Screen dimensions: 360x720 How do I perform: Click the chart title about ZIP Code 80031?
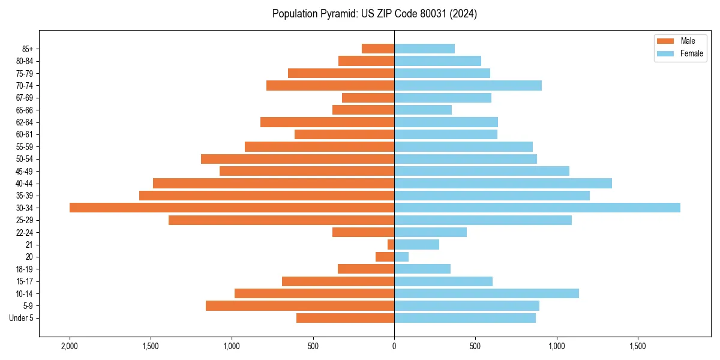[x=374, y=14]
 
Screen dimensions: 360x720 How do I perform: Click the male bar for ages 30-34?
[x=232, y=208]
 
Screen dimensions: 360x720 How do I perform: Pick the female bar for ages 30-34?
[x=537, y=208]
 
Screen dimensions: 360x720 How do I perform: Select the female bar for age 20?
[x=401, y=257]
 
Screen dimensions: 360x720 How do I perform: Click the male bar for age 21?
[x=391, y=244]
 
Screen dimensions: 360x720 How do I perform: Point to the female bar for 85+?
[x=424, y=49]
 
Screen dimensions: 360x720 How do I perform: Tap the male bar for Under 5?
[x=345, y=318]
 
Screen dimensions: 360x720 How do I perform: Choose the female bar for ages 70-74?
[x=468, y=85]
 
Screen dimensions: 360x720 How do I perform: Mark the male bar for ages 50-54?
[x=298, y=159]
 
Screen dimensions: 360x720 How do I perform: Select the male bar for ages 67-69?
[x=368, y=98]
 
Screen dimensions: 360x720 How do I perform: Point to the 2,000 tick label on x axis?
[x=70, y=346]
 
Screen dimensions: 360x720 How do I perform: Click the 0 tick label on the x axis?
[x=394, y=346]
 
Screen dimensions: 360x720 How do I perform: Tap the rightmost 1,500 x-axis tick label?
[x=638, y=346]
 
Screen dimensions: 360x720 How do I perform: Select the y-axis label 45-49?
[x=25, y=171]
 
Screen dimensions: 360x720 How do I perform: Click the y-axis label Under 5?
[x=21, y=318]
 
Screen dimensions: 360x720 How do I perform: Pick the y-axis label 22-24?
[x=25, y=232]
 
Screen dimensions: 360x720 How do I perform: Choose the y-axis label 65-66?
[x=25, y=110]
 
